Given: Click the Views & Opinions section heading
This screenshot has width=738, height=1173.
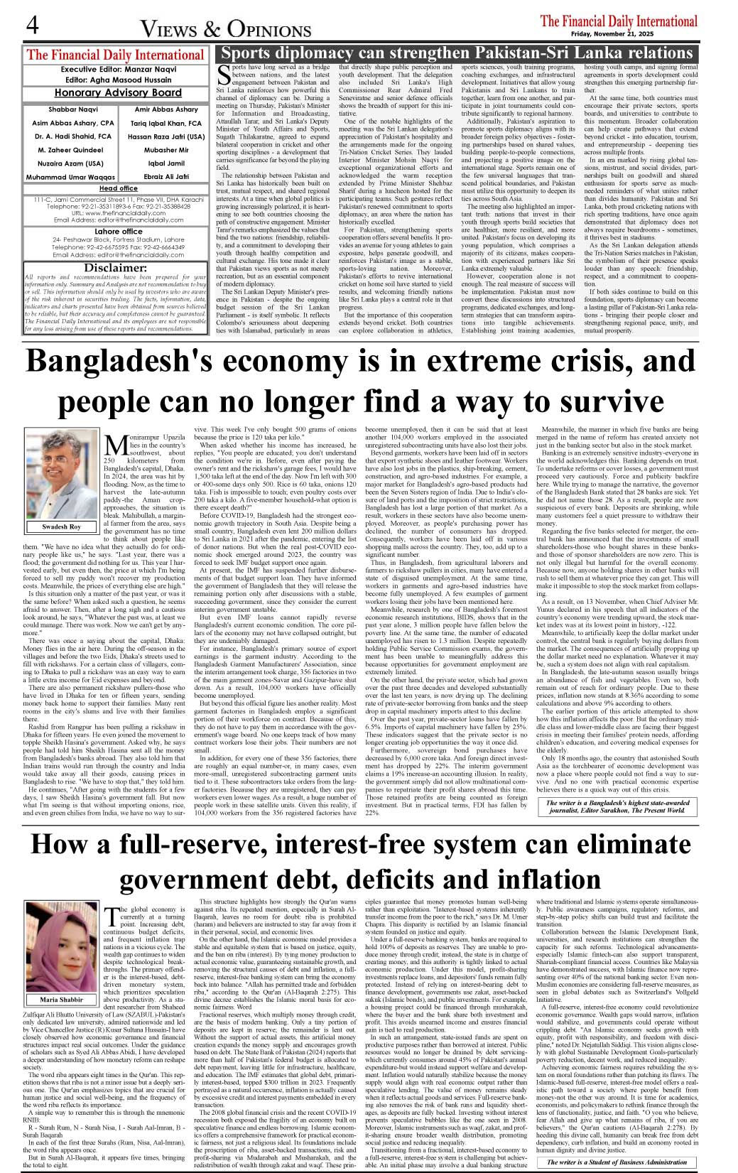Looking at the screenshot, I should pos(226,29).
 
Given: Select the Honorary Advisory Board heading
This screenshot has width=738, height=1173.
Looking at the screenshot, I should pos(118,93).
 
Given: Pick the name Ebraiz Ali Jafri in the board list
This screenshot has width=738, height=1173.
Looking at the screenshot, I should pos(166,177).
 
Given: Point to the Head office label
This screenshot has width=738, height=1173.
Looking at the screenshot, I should pos(118,188).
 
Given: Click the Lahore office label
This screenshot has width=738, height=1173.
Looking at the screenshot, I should pos(118,232).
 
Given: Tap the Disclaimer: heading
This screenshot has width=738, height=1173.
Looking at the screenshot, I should pos(115,268).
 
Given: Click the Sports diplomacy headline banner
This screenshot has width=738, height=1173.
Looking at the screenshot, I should pos(457,53).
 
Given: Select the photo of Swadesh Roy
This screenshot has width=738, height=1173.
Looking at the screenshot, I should pos(61,472).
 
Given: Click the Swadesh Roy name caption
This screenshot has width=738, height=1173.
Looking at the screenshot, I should pos(61,526).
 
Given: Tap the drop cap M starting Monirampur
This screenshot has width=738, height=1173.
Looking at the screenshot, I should pos(115,446).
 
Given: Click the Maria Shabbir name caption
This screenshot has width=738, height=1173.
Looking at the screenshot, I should pos(61,1000).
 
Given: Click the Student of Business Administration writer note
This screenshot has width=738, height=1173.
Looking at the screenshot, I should pos(617,1162).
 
